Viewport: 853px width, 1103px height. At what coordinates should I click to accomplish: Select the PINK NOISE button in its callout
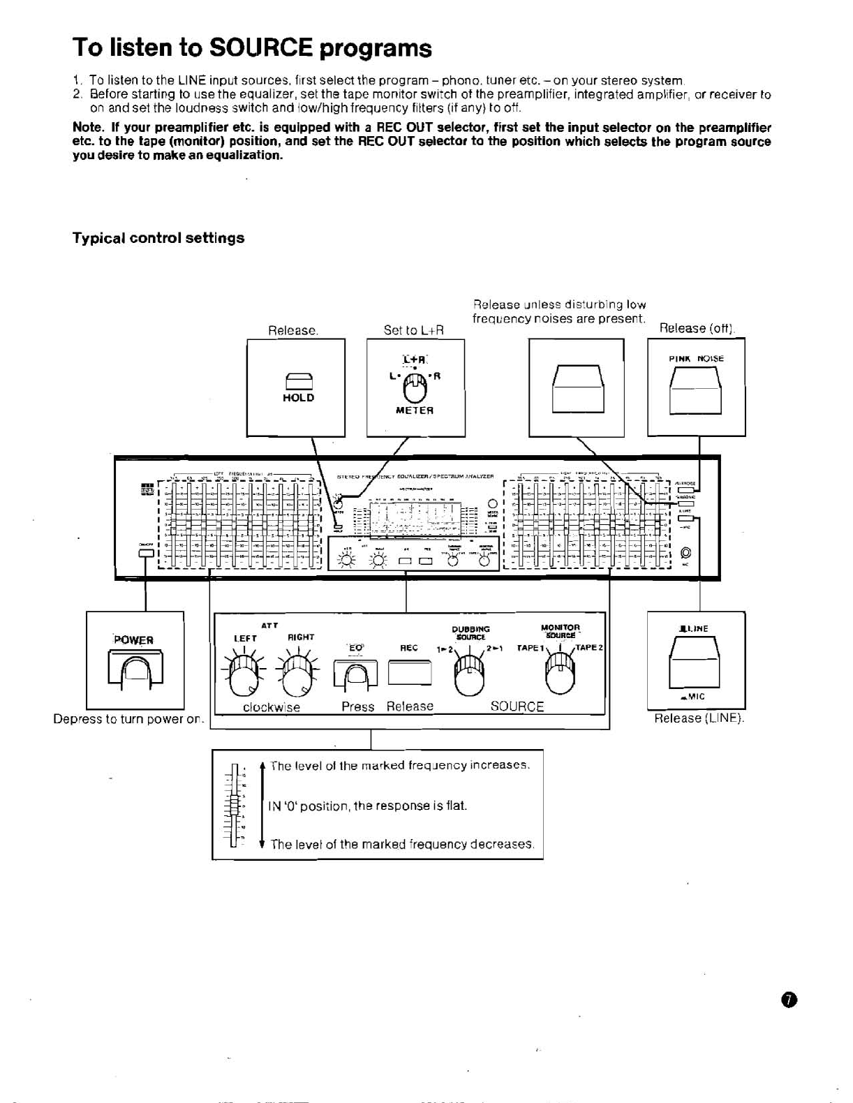pyautogui.click(x=695, y=390)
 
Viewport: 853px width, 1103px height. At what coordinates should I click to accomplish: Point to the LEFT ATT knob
pyautogui.click(x=240, y=674)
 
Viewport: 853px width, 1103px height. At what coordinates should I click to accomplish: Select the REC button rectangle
pyautogui.click(x=410, y=673)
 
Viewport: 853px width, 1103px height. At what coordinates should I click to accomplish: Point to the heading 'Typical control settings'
pyautogui.click(x=158, y=238)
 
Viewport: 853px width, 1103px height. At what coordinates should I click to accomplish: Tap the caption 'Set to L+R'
pyautogui.click(x=414, y=330)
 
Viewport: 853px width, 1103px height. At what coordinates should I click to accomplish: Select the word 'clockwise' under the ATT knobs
pyautogui.click(x=272, y=706)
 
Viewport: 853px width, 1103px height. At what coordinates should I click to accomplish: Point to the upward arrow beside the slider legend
pyautogui.click(x=262, y=767)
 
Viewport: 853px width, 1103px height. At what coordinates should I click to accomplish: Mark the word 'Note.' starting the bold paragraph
pyautogui.click(x=88, y=128)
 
